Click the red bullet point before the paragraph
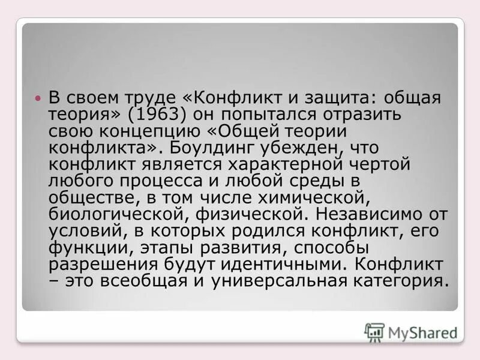pos(38,97)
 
